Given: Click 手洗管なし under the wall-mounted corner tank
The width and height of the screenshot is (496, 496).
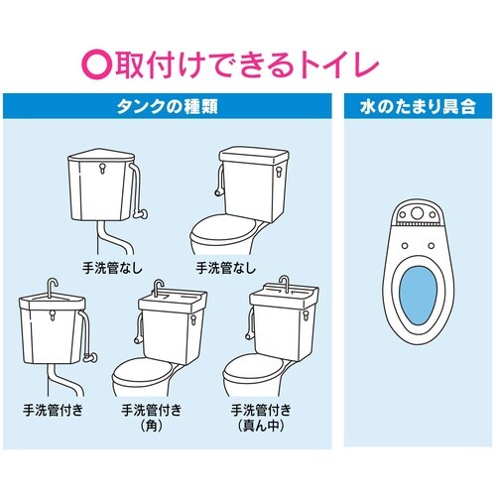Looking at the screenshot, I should (110, 267).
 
